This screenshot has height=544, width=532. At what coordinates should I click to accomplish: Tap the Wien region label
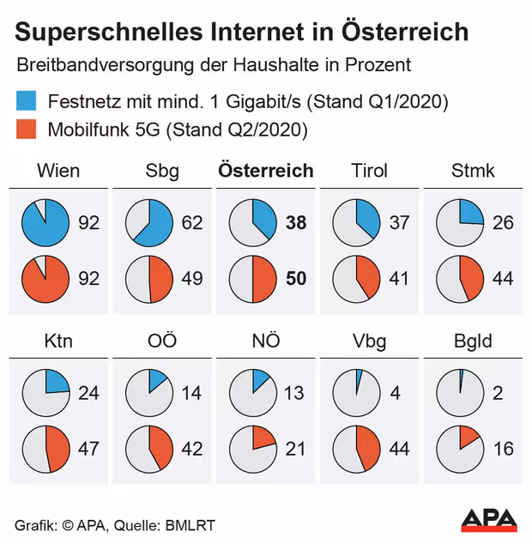pos(58,171)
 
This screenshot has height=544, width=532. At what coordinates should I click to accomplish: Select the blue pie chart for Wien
pos(45,223)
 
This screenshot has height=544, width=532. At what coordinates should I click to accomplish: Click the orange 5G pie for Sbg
pos(149,279)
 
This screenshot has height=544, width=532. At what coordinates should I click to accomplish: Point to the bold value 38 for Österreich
pos(296,223)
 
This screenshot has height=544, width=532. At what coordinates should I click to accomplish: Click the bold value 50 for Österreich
pos(296,279)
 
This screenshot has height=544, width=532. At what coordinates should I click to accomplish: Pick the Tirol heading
pos(369,171)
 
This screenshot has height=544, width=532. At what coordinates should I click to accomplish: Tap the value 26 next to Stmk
pos(503,223)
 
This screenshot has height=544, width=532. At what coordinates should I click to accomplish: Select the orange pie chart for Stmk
pos(461,279)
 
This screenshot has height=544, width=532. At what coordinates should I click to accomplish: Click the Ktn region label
pos(58,342)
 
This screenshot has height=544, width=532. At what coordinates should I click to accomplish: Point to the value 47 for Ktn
pos(88,449)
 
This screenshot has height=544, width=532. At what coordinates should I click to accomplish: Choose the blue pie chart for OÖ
pos(149,393)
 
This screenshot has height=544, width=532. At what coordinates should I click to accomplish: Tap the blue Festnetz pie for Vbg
pos(356,393)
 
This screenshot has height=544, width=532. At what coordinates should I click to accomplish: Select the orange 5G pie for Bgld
pos(461,449)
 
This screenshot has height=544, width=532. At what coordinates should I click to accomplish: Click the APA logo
pos(489,520)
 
